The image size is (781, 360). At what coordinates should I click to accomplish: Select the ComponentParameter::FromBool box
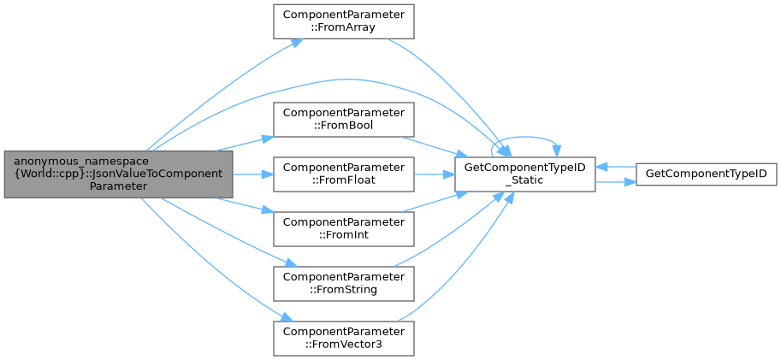[343, 119]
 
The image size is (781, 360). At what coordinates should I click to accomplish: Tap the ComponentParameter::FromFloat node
[343, 174]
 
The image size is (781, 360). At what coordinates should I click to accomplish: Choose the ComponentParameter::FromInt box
[343, 228]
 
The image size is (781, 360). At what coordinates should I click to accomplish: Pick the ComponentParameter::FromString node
[343, 283]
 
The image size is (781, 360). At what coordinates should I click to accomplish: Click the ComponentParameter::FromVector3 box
[343, 338]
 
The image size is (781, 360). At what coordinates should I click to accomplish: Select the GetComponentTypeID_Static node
[524, 174]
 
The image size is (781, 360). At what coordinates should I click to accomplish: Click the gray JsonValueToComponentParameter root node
[118, 174]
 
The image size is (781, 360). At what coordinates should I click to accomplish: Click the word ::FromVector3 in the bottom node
[343, 345]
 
